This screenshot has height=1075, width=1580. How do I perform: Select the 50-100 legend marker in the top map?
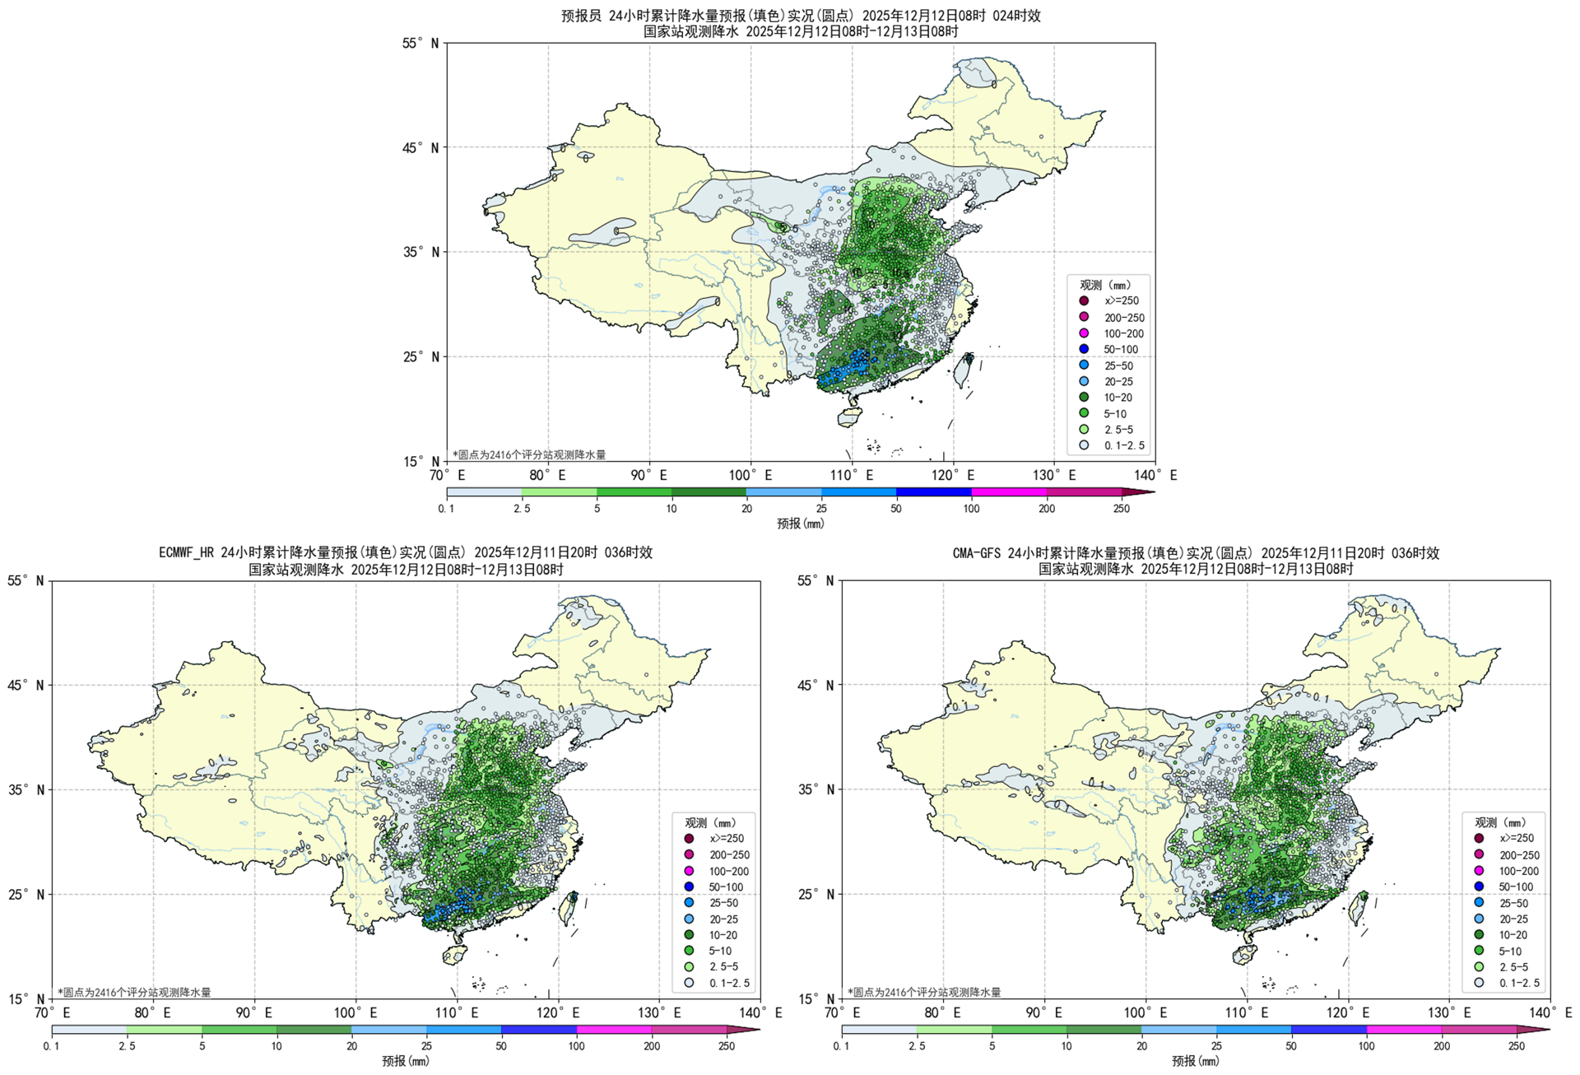1084,349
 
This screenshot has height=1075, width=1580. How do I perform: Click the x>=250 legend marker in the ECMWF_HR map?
689,839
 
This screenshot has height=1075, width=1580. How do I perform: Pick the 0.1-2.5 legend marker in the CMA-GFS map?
1479,982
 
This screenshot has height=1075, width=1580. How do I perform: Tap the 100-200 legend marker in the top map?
1084,333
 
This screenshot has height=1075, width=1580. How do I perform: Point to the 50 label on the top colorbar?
896,509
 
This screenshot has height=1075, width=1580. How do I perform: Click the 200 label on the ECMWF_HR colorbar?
652,1046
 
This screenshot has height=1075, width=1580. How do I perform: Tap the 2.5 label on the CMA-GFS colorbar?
917,1046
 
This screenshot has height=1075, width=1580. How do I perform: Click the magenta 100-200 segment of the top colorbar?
1009,492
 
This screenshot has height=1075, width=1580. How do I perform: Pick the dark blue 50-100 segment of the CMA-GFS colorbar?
1329,1030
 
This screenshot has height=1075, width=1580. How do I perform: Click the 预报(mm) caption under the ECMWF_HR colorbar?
405,1061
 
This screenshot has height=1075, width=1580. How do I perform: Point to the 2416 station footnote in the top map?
529,454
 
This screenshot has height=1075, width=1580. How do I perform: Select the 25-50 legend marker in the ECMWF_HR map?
689,903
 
